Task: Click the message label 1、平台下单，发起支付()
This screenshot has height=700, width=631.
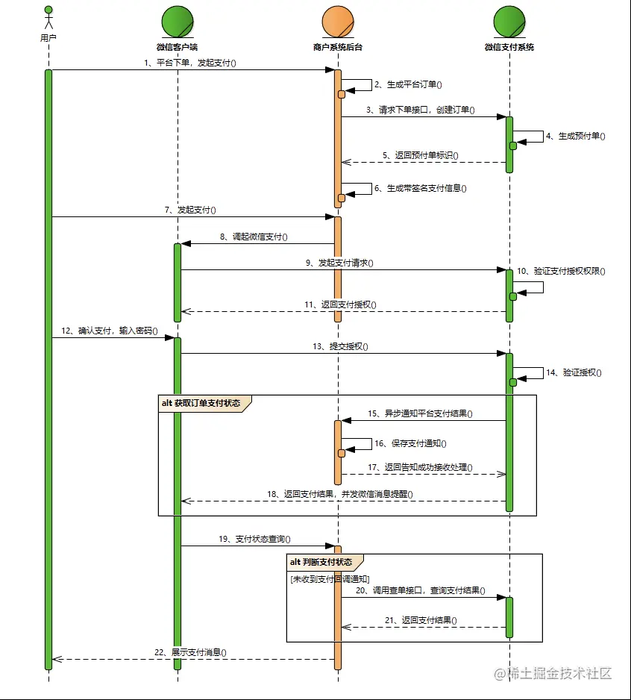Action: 189,63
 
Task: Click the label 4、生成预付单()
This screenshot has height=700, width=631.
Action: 575,137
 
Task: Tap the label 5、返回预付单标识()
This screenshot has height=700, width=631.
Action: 421,156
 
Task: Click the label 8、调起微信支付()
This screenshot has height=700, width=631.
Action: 254,237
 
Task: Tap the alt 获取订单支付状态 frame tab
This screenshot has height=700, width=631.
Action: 203,403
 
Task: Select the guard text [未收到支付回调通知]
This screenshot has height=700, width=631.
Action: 329,579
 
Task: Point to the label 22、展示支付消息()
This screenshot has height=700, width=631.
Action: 189,652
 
